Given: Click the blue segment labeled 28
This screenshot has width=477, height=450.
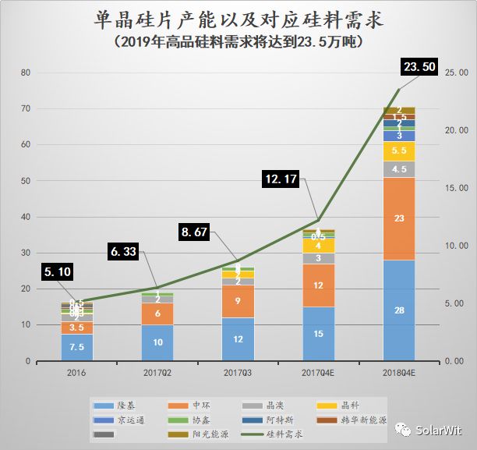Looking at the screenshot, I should coord(399,310).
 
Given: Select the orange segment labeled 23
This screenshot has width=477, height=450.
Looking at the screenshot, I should coord(399,219).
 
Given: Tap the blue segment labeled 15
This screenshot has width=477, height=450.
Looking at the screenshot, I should coord(318,333).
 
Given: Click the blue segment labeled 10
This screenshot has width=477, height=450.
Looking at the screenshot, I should coord(157,342).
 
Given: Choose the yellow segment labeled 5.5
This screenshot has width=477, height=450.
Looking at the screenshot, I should coord(399,151).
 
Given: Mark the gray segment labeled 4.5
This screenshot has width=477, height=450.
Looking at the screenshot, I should coord(399,169).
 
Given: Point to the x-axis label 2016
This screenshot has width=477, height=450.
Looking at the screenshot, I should coord(76,373).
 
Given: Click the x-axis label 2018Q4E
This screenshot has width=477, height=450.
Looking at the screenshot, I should coord(399,373).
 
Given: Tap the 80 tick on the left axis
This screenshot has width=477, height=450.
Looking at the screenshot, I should coord(26,73).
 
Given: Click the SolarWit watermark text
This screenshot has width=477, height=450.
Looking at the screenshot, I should coord(440,430).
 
